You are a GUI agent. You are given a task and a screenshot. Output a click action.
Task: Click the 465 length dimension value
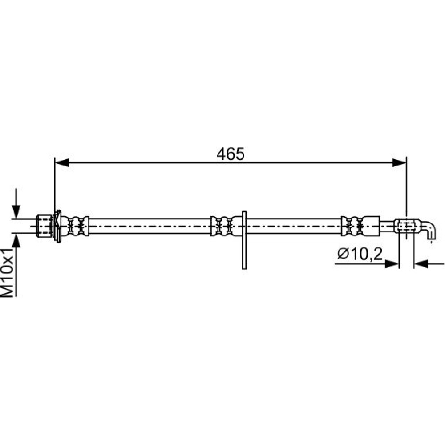pyautogui.click(x=230, y=154)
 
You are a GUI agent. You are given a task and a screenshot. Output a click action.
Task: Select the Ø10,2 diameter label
pyautogui.click(x=360, y=254)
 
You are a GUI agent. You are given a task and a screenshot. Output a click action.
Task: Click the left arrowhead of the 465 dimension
pyautogui.click(x=61, y=162)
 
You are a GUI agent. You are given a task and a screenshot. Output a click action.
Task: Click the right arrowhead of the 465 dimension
pyautogui.click(x=400, y=162)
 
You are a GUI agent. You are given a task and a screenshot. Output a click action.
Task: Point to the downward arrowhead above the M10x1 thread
pyautogui.click(x=16, y=211)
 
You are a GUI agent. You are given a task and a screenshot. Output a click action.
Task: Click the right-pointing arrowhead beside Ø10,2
pyautogui.click(x=392, y=264)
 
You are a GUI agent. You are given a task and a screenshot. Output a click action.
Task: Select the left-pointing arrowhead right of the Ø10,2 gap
pyautogui.click(x=421, y=264)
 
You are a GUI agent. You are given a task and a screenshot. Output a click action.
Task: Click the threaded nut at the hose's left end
pyautogui.click(x=45, y=226)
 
